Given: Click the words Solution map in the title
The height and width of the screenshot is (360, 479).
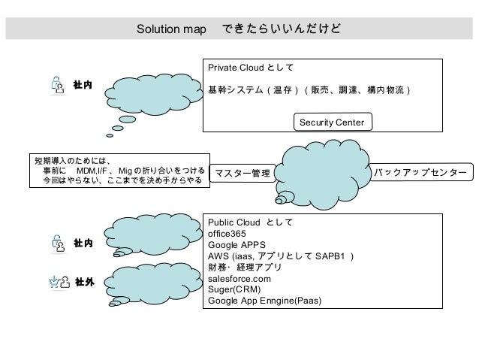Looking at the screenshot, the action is tap(172, 30).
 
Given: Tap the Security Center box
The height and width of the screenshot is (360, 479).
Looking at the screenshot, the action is tap(331, 121).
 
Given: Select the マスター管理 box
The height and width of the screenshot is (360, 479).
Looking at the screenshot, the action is tap(242, 174).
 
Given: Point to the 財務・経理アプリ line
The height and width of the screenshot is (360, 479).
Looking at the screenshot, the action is tap(245, 267).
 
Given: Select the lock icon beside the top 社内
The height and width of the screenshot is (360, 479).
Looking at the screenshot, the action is tap(58, 85).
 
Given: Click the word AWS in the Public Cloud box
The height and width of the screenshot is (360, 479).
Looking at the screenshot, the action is tap(221, 256).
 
